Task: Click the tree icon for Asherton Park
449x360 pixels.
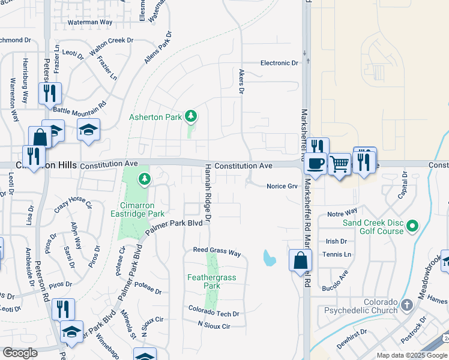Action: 191,116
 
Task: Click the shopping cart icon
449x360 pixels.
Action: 339,163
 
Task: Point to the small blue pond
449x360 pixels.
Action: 270,258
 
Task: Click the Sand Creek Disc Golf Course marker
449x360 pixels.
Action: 412,226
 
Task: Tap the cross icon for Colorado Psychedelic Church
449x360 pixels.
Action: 407,305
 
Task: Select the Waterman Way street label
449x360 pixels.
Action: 90,22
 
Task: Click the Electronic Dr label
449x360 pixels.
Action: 279,63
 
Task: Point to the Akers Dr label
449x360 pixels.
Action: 242,82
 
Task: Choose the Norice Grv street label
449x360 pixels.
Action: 282,187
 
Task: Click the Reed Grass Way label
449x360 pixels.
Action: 217,252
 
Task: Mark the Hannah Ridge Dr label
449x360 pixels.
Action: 208,193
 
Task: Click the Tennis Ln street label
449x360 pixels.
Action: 338,254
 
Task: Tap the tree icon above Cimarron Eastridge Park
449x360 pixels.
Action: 144,178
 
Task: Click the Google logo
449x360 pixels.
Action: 20,353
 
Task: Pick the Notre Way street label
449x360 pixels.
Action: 342,213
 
